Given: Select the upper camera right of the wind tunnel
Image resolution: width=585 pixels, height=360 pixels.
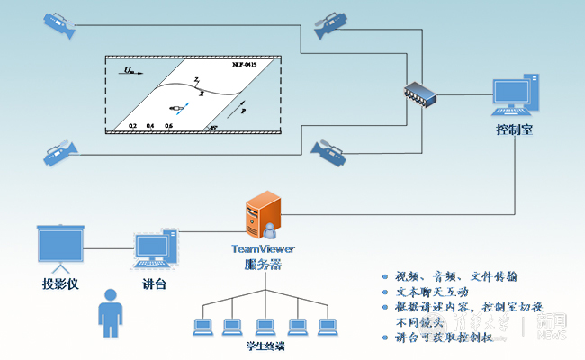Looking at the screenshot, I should [x=331, y=26].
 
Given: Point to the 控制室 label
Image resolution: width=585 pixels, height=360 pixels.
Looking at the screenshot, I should [x=515, y=130].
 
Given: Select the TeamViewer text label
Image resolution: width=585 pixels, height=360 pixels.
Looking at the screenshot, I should [x=264, y=249].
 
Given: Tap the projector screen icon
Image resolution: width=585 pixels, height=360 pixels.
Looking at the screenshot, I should [x=59, y=247].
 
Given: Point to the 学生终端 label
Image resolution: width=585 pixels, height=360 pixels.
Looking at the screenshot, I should [x=265, y=346].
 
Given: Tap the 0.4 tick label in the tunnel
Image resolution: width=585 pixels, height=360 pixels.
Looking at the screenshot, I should [x=150, y=126].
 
